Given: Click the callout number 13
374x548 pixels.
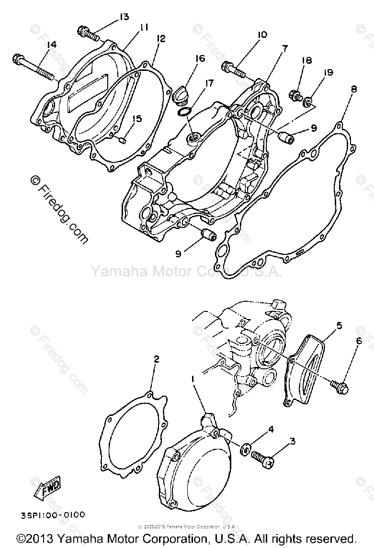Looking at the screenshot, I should point(124,17).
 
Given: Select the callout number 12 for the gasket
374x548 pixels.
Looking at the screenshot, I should point(160,39).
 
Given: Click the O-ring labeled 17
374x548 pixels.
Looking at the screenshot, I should point(184,113).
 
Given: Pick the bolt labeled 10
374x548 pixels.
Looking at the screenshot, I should point(233,70).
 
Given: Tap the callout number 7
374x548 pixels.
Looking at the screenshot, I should point(284,48).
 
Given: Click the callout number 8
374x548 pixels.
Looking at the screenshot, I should point(353,89).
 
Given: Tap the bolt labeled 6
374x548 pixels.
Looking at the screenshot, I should point(339,385).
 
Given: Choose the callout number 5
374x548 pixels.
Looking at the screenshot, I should point(339,326).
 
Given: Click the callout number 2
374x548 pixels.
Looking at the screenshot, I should point(156,359).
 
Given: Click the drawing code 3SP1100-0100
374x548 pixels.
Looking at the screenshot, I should point(53,514).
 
